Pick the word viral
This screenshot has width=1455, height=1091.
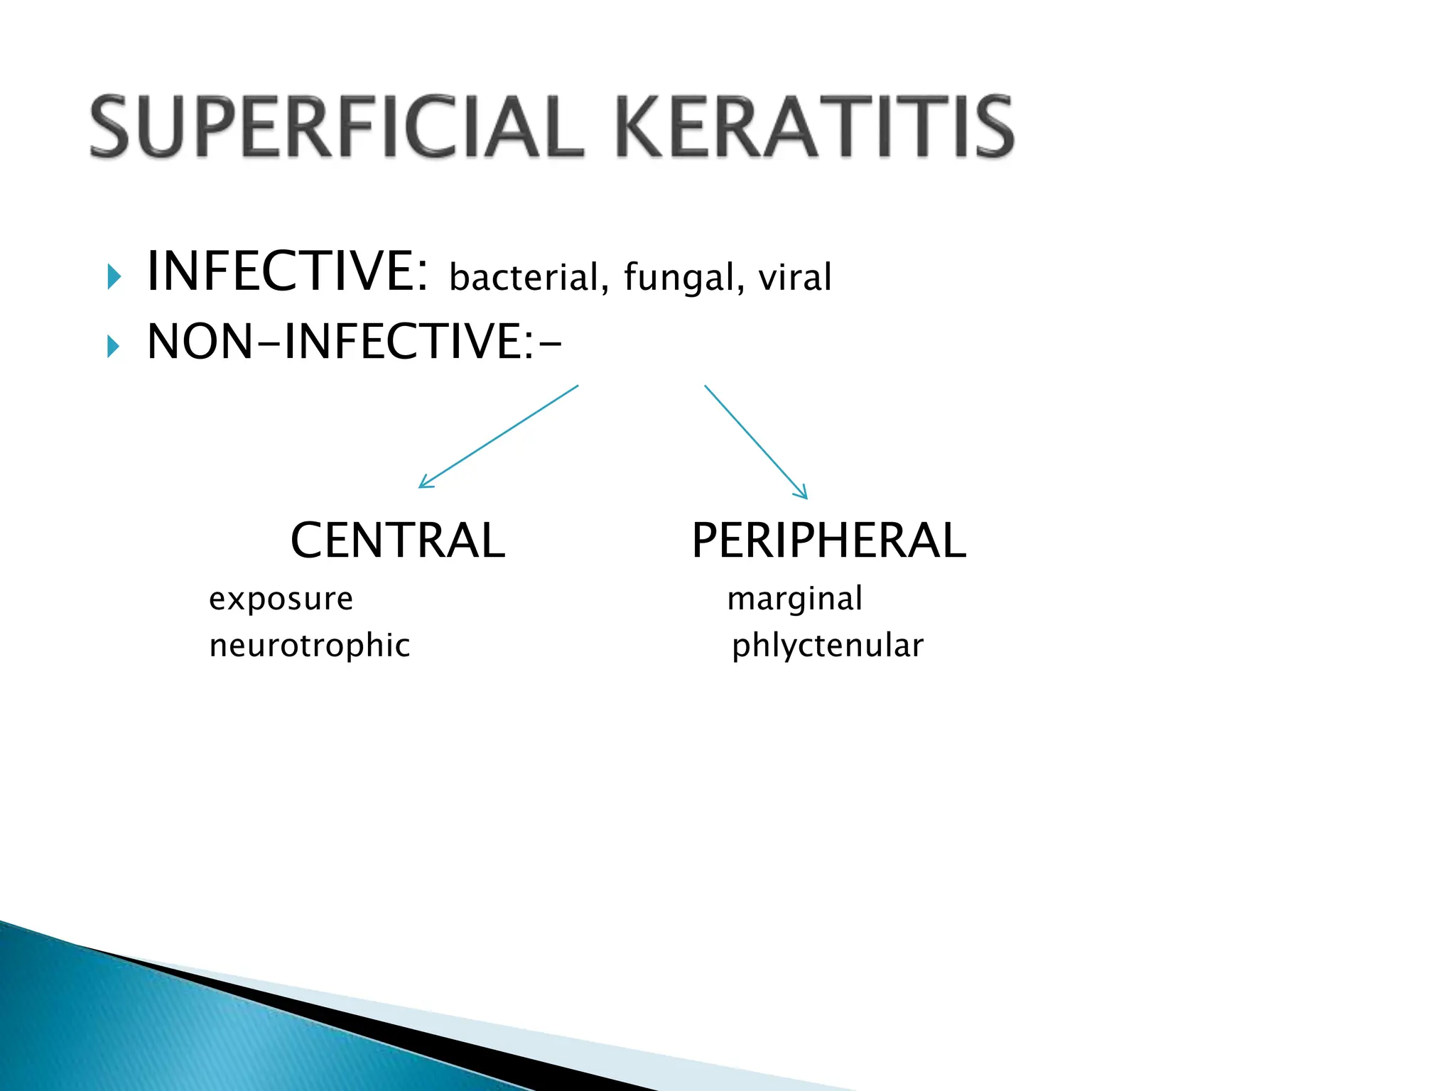[x=794, y=277]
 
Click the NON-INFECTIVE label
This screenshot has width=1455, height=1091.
[x=354, y=342]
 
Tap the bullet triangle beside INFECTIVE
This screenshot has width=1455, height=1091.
[x=114, y=276]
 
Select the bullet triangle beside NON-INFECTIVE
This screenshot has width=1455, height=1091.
[x=114, y=347]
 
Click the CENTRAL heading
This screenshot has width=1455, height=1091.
[x=398, y=541]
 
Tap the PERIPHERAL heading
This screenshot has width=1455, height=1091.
[x=828, y=541]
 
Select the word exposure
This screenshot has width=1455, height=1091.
[x=281, y=599]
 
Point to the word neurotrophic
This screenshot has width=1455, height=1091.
[x=310, y=646]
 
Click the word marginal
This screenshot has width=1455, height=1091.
[x=794, y=599]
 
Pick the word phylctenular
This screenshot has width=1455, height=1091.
[x=828, y=646]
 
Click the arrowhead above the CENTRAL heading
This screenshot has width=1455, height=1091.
[x=424, y=482]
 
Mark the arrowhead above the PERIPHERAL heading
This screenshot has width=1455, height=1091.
[x=802, y=493]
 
